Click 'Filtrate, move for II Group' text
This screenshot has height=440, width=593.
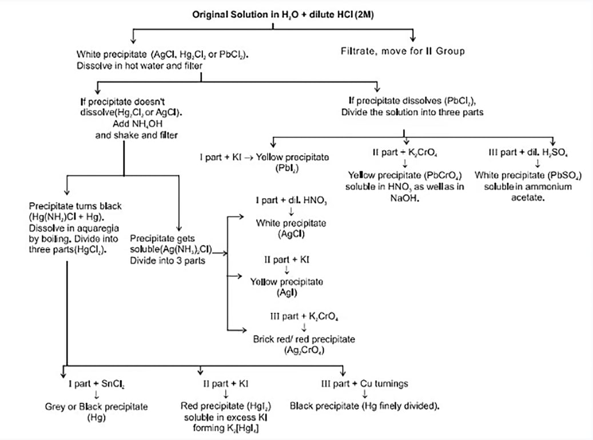click(x=403, y=51)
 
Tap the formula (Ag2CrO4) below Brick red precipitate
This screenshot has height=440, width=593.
click(x=304, y=350)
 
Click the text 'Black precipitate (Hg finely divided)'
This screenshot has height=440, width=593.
click(x=364, y=406)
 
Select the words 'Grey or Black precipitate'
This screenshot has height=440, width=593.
click(x=96, y=406)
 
